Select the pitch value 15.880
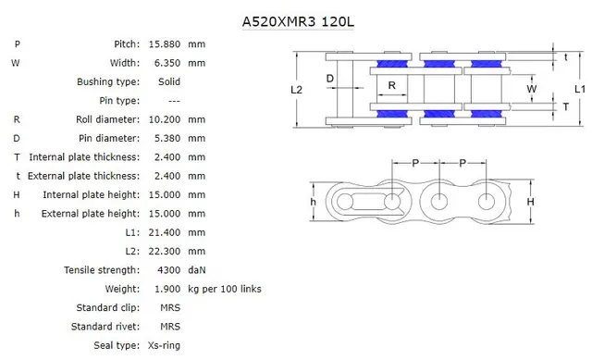coord(163,44)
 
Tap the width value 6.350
coord(163,63)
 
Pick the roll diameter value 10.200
coord(163,119)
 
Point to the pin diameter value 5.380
coord(163,139)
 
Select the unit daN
coord(197,270)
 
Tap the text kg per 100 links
coord(224,290)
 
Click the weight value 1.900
coord(163,290)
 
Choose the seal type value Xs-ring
coord(164,346)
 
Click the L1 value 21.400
coord(163,232)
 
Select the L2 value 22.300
coord(163,252)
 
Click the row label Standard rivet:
coord(105,327)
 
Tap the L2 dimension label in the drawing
coord(296,90)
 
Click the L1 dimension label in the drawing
coord(578,90)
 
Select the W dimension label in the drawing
coord(531,89)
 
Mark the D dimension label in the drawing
coord(330,79)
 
